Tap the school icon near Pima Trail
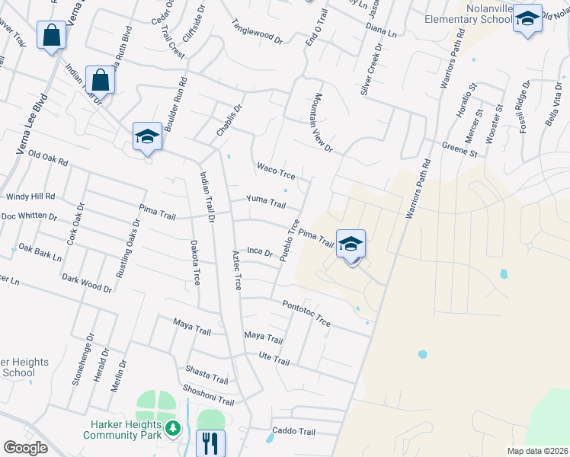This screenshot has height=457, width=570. (351, 244)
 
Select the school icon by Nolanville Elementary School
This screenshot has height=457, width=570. (527, 18)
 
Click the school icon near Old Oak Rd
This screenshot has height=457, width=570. (147, 136)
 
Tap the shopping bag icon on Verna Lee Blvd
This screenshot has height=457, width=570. (51, 35)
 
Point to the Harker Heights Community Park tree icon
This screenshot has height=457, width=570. (174, 430)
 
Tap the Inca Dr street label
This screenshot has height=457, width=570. (260, 251)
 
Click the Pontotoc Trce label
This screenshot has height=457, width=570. (306, 313)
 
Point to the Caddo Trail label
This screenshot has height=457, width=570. (294, 432)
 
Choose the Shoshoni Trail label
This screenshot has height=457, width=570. (208, 396)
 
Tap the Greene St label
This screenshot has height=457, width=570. (460, 148)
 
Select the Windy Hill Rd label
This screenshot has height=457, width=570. (30, 197)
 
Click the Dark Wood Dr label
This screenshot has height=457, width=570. (87, 284)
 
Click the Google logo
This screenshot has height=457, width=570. (25, 448)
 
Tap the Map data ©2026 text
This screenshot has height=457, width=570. (536, 451)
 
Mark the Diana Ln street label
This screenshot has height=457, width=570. (382, 30)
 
